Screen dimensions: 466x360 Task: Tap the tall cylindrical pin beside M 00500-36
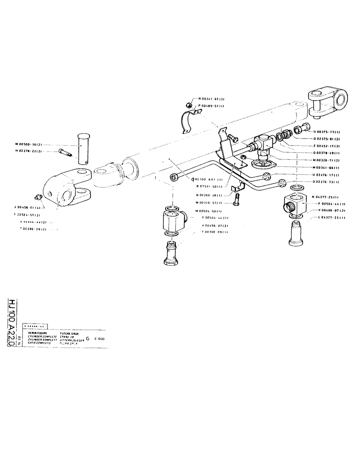[x=84, y=148]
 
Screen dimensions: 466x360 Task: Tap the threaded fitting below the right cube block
[x=295, y=232]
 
